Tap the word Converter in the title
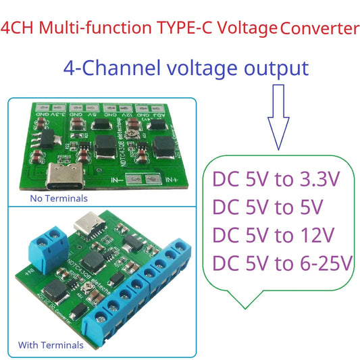[319, 29]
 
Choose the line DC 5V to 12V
[274, 235]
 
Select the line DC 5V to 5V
[268, 207]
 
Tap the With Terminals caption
[51, 345]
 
